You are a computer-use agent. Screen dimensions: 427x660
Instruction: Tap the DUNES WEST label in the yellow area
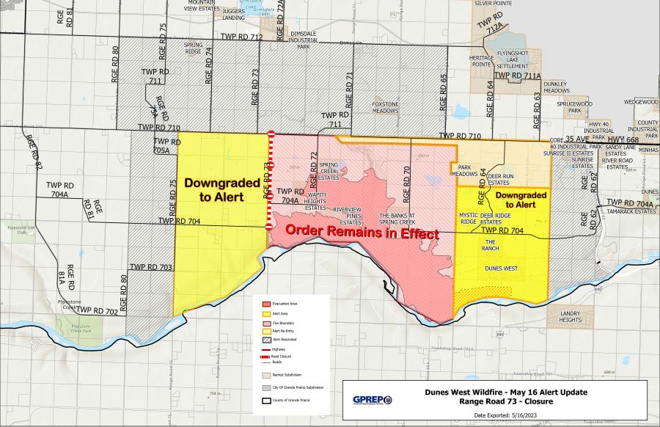click(x=502, y=269)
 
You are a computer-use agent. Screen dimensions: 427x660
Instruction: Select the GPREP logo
click(x=372, y=400)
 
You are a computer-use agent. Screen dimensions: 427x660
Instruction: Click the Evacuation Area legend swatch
click(x=267, y=303)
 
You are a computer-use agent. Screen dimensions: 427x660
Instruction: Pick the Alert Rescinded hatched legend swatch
click(x=267, y=340)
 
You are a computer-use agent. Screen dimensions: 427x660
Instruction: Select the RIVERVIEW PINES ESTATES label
click(x=348, y=215)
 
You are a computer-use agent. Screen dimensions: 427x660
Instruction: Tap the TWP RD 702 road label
click(x=98, y=312)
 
